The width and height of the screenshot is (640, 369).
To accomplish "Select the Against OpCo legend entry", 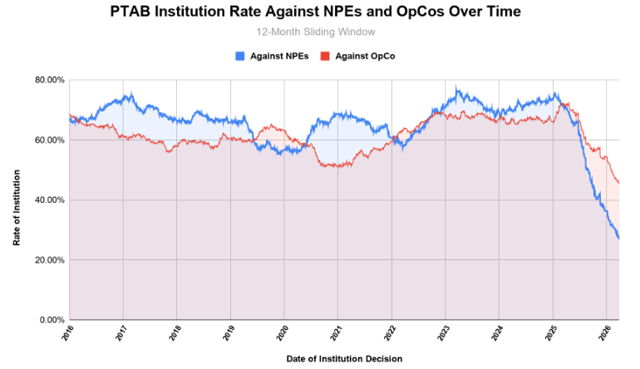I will pyautogui.click(x=366, y=56).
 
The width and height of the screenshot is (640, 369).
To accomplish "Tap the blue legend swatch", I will pyautogui.click(x=240, y=56).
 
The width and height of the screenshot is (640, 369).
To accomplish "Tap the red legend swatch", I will pyautogui.click(x=326, y=56).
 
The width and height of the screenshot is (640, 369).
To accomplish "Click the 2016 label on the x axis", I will pyautogui.click(x=70, y=334).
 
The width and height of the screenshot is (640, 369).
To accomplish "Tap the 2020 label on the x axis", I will pyautogui.click(x=283, y=334).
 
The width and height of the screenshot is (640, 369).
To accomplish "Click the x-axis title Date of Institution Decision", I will pyautogui.click(x=344, y=359).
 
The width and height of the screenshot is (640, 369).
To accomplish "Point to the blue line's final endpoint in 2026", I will pyautogui.click(x=618, y=239).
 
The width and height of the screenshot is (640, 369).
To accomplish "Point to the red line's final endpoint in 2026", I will pyautogui.click(x=618, y=183).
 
